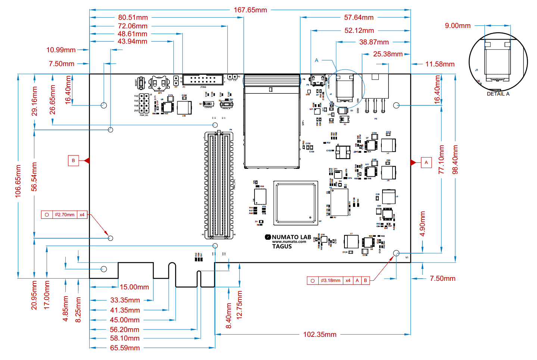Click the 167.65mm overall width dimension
(x=250, y=10)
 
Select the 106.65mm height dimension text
(x=18, y=181)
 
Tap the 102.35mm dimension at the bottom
(x=319, y=335)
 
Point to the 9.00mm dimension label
(x=458, y=26)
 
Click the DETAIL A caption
(x=498, y=94)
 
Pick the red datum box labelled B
(x=73, y=161)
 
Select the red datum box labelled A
(x=426, y=162)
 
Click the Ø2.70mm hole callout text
(x=65, y=215)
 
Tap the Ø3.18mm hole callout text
(x=331, y=280)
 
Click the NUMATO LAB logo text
(x=291, y=237)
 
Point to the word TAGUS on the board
(x=282, y=246)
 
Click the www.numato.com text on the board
(x=289, y=242)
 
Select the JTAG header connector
(x=203, y=80)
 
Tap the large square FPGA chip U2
(x=296, y=203)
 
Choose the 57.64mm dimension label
(x=359, y=18)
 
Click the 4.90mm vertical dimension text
(x=422, y=224)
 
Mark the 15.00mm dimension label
(x=134, y=287)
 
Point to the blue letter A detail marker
(x=316, y=60)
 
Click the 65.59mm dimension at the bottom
(x=125, y=348)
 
